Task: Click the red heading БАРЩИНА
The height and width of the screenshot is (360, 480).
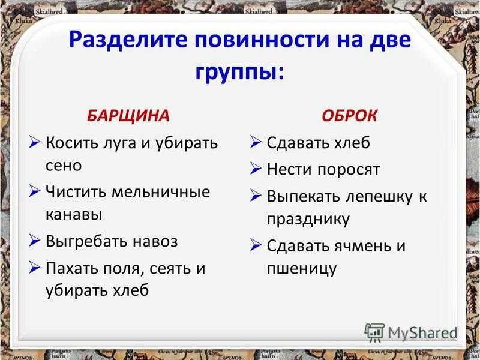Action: (x=128, y=116)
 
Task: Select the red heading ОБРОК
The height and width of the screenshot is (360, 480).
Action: (x=349, y=116)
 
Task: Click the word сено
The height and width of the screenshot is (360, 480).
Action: (x=64, y=166)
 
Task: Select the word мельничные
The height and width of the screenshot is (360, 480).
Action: (x=161, y=192)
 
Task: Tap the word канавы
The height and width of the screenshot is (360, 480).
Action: (x=74, y=215)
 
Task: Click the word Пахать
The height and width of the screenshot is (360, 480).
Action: (x=72, y=268)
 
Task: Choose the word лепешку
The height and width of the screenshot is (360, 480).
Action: (x=379, y=197)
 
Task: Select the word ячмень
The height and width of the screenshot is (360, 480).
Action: (x=362, y=246)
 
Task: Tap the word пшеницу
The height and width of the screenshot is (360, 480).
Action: (x=302, y=269)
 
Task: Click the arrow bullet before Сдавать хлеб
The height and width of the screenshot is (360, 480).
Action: (x=256, y=142)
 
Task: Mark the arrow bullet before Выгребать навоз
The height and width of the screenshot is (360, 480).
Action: (x=35, y=240)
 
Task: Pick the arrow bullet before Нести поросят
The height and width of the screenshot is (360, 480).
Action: (x=256, y=168)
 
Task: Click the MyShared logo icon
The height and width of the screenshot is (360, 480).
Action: (x=374, y=332)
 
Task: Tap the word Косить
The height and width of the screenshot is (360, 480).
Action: (x=67, y=143)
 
